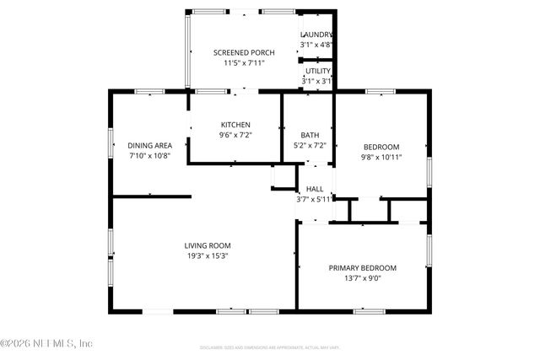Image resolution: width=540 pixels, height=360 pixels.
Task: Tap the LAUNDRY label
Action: [x=316, y=35]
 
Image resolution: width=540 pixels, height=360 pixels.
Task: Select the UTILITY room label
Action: [x=318, y=72]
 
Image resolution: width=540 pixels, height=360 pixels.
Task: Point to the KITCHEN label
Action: [x=235, y=125]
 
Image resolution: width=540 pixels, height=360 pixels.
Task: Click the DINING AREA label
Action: [x=150, y=145]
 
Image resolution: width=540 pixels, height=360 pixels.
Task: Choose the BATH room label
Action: [x=309, y=135]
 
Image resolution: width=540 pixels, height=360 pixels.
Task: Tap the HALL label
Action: [x=315, y=189]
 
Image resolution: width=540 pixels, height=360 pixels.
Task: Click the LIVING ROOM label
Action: [x=208, y=245]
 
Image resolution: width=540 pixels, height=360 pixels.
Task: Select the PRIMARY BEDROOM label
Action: [x=362, y=267]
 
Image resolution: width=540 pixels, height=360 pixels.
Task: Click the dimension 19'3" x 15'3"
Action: [x=208, y=255]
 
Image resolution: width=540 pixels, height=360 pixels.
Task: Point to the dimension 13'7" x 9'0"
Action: [x=362, y=277]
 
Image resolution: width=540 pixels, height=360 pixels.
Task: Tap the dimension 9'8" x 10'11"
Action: [x=381, y=156]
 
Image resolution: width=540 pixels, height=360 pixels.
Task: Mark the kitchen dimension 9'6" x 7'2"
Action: [x=235, y=135]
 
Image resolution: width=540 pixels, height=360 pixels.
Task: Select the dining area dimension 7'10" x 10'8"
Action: [x=150, y=155]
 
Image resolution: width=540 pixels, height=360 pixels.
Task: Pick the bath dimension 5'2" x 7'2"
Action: [x=309, y=145]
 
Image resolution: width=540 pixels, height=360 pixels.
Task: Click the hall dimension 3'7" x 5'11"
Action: [x=315, y=199]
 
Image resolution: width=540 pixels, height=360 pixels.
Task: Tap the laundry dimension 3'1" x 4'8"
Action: [x=316, y=45]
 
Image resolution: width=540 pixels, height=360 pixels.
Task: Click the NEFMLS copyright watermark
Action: [x=46, y=343]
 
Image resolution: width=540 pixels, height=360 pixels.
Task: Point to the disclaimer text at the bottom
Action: [x=270, y=347]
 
